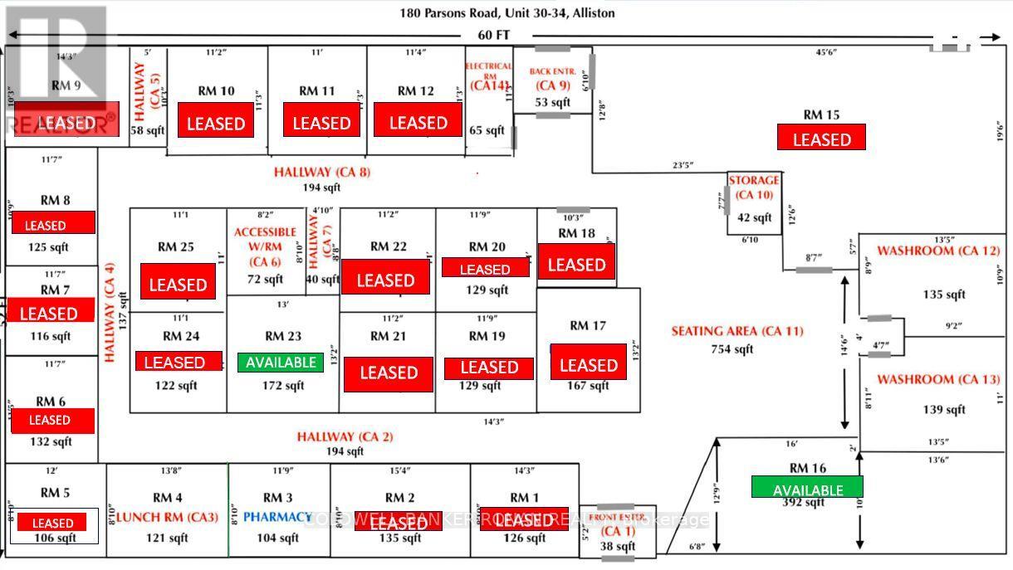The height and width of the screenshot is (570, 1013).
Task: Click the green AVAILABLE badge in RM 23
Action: click(x=280, y=363)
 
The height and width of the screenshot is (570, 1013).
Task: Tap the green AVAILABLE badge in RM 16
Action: click(x=807, y=488)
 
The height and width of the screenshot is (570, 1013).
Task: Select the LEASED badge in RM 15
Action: click(x=821, y=138)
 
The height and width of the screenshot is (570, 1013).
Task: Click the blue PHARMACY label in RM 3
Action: click(x=277, y=517)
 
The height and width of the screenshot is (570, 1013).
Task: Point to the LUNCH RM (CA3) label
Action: click(x=167, y=518)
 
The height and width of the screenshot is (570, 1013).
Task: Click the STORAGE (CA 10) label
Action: click(x=754, y=188)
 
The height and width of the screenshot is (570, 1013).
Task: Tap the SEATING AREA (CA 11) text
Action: click(x=737, y=331)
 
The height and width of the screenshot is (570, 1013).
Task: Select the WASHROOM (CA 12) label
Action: click(x=938, y=251)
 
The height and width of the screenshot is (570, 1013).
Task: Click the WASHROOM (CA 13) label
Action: click(x=938, y=380)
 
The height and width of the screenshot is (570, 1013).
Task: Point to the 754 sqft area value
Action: click(x=732, y=349)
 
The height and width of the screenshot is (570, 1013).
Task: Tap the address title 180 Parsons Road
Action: click(x=506, y=13)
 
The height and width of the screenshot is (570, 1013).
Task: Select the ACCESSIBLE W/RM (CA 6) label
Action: click(x=265, y=246)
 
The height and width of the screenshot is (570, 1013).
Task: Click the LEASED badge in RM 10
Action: click(x=216, y=123)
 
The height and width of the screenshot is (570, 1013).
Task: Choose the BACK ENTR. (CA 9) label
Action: click(x=552, y=78)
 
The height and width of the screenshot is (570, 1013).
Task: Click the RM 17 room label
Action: click(x=588, y=325)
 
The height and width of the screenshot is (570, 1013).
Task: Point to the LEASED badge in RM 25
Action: click(x=178, y=284)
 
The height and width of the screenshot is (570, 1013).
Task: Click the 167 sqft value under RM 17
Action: click(x=589, y=386)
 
